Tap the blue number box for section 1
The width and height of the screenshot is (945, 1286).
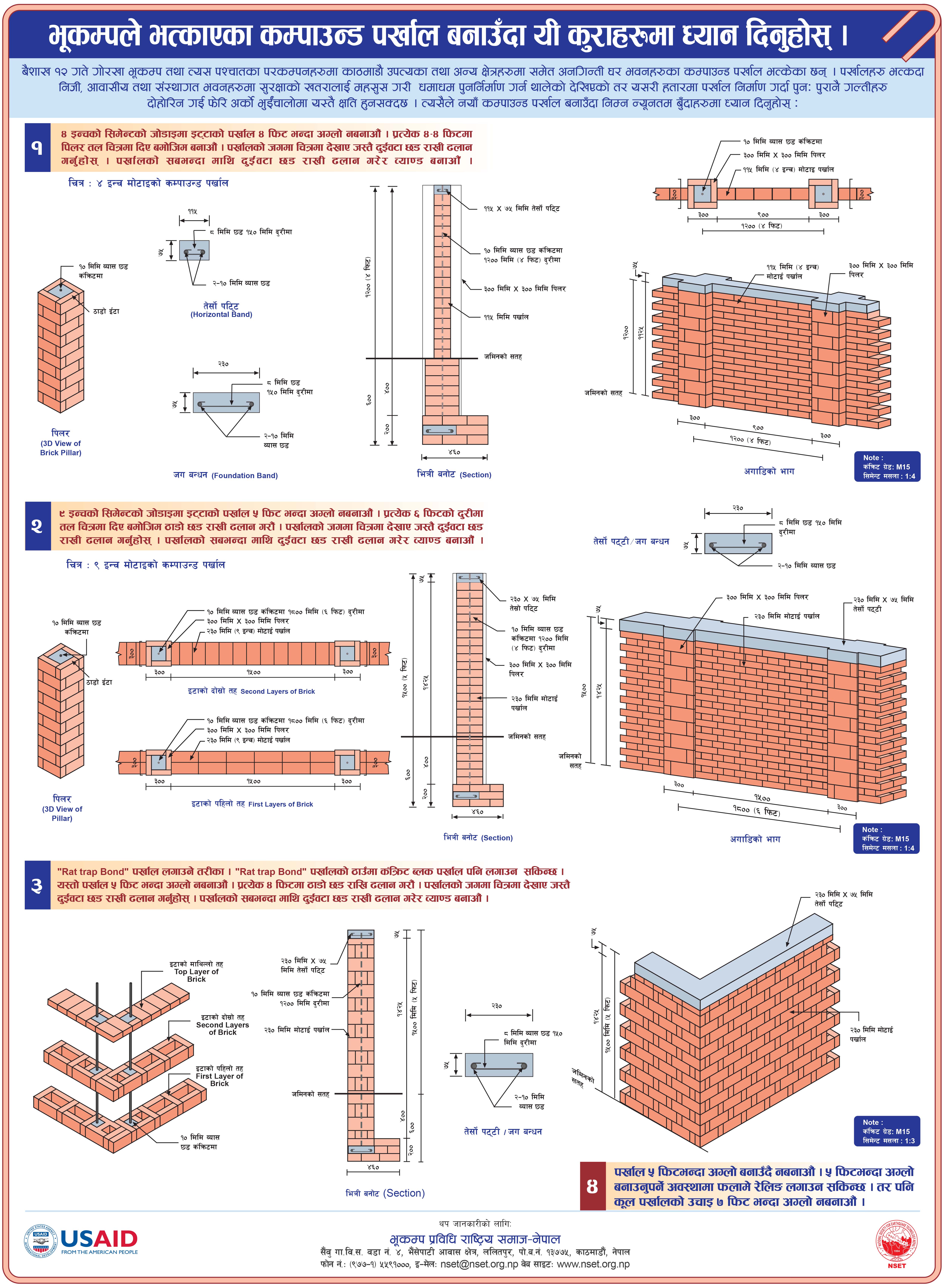[x=37, y=148]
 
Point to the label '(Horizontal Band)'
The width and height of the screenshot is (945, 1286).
[x=221, y=314]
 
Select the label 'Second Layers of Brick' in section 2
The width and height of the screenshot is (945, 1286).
[x=278, y=691]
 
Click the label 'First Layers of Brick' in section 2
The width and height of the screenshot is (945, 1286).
[x=280, y=804]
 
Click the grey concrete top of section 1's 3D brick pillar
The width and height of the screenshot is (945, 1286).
[x=61, y=289]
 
